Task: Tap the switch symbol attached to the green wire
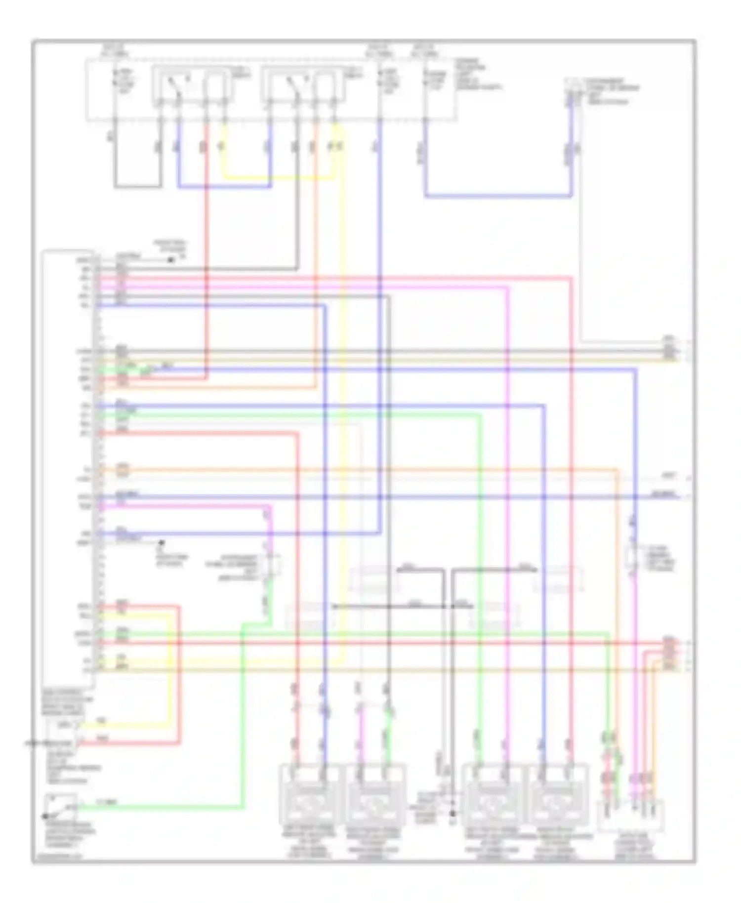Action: click(x=60, y=807)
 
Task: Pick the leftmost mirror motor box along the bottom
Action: click(x=309, y=795)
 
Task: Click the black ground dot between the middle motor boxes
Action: click(x=453, y=813)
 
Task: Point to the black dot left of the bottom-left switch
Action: click(x=45, y=817)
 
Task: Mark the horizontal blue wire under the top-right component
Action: click(x=499, y=196)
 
